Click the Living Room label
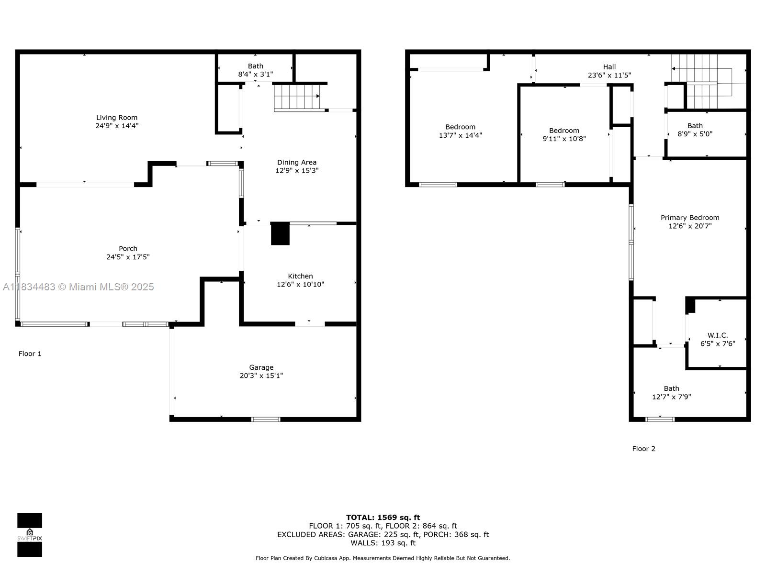(116, 118)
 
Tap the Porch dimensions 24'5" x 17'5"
(128, 257)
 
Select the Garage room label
(261, 367)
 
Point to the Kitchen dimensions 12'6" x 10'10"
(300, 285)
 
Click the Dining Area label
(297, 162)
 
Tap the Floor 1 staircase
(297, 98)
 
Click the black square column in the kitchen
(280, 233)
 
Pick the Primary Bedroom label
(689, 218)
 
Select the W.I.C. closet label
(718, 335)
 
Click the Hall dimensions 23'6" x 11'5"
(609, 75)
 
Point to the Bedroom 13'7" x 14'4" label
(460, 131)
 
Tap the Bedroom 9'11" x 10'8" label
(564, 134)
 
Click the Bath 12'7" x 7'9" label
(671, 392)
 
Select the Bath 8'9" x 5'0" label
(695, 130)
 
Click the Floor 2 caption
(643, 449)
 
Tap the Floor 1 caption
(30, 353)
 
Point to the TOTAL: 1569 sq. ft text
(383, 517)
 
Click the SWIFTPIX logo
(30, 535)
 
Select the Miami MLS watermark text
(78, 287)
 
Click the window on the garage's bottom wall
(266, 419)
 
